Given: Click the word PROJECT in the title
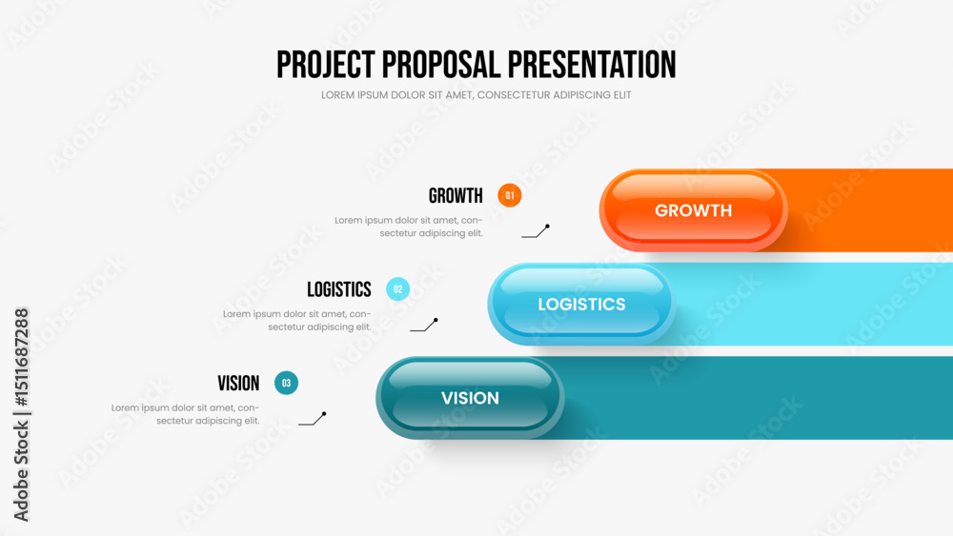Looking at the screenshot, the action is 326,65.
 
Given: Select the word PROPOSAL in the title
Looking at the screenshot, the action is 441,65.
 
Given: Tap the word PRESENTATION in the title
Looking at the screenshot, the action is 592,65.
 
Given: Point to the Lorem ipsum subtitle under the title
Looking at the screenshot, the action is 476,95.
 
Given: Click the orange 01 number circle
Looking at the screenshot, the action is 509,195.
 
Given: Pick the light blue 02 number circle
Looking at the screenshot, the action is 397,288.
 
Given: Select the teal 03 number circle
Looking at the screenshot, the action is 286,383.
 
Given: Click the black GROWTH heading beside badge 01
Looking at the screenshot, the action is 456,195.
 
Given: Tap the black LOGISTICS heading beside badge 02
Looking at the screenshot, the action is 338,289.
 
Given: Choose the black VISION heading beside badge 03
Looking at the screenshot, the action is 238,384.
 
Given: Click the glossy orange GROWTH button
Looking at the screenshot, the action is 694,210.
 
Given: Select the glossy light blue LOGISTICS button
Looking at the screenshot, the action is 581,304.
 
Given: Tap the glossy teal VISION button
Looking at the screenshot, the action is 470,398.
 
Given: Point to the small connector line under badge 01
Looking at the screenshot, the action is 536,231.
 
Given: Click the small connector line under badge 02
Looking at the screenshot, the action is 424,326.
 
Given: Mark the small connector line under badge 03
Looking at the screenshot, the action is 313,419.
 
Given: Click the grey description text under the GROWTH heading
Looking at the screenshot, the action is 409,227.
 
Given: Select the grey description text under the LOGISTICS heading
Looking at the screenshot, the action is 296,321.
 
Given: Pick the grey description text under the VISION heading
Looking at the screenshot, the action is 186,414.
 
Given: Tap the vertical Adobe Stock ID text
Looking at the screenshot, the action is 21,414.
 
